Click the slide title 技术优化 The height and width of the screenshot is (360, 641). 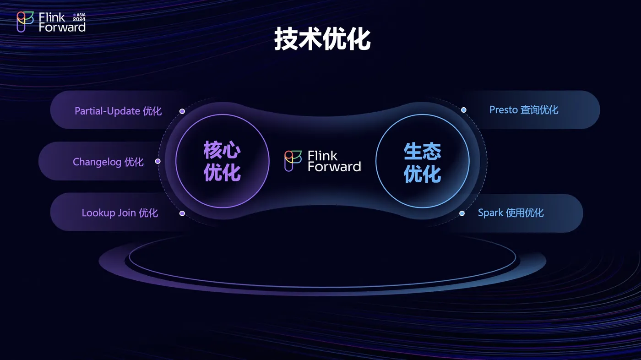[x=322, y=39]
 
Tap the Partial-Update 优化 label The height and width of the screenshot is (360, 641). [x=118, y=111]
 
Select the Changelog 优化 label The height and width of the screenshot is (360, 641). [x=108, y=162]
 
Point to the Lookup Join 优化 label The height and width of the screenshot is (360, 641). [x=120, y=213]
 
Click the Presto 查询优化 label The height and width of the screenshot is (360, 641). [x=524, y=110]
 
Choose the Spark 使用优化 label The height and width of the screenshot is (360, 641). [x=511, y=213]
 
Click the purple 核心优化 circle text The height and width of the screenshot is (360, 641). [x=222, y=161]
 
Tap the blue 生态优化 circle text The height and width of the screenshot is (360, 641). [x=422, y=162]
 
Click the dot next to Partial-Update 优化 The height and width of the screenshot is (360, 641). [x=182, y=111]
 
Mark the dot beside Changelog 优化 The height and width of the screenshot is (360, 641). [x=158, y=161]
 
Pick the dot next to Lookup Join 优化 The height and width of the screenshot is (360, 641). [x=182, y=213]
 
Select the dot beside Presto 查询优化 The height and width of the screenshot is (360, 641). [x=463, y=110]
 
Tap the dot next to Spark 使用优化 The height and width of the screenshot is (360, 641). [x=462, y=213]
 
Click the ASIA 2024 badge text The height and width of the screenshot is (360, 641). [x=79, y=17]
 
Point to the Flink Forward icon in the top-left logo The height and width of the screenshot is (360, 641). [x=25, y=22]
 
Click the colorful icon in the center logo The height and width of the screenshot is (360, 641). [x=293, y=161]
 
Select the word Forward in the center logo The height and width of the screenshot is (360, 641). [x=334, y=167]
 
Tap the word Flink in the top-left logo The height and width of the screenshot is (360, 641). [x=52, y=17]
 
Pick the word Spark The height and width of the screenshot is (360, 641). [x=490, y=213]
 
